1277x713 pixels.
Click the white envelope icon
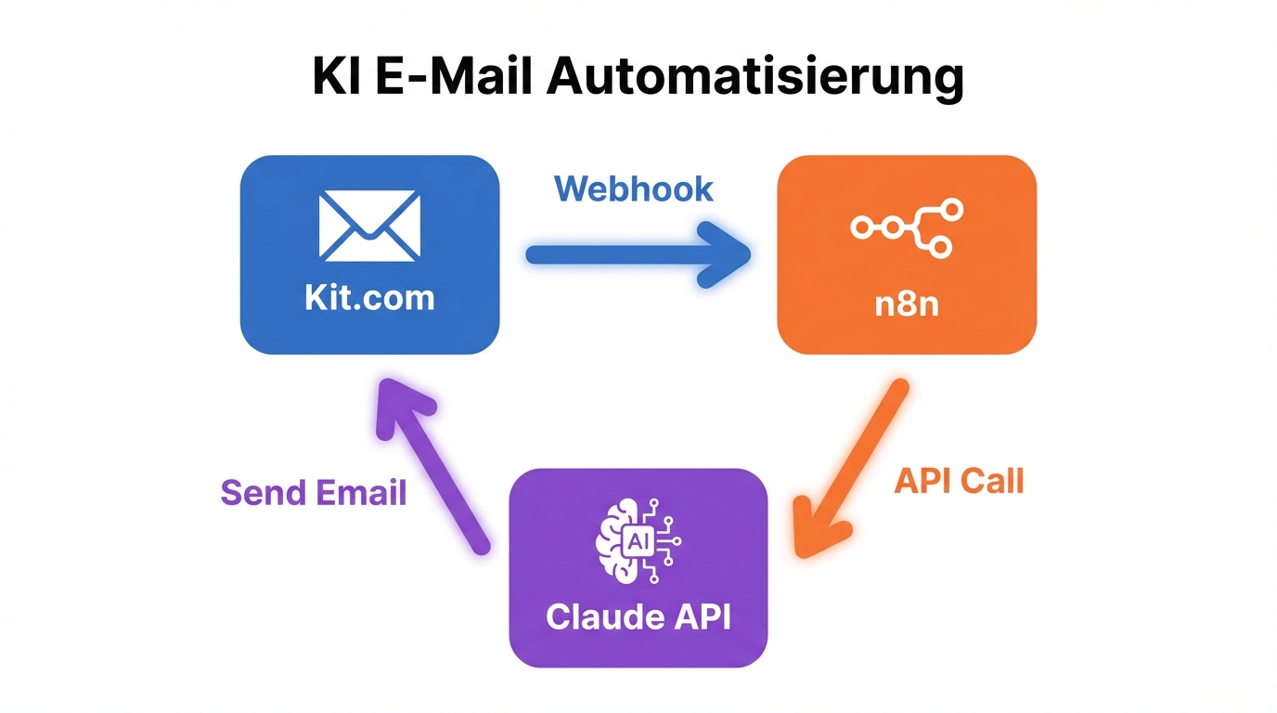click(369, 226)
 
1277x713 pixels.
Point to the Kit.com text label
click(369, 298)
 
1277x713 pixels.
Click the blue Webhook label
click(634, 188)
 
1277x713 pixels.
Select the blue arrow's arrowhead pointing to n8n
click(729, 254)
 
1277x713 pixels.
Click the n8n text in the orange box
click(907, 304)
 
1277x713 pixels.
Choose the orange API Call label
click(959, 481)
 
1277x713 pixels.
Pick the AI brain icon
click(638, 541)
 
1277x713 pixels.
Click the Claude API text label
click(638, 617)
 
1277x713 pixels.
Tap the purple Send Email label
click(314, 492)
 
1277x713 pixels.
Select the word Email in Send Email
click(361, 492)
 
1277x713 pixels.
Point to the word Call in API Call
click(994, 481)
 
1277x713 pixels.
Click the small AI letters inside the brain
click(639, 541)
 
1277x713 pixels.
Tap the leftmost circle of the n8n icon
click(861, 227)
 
